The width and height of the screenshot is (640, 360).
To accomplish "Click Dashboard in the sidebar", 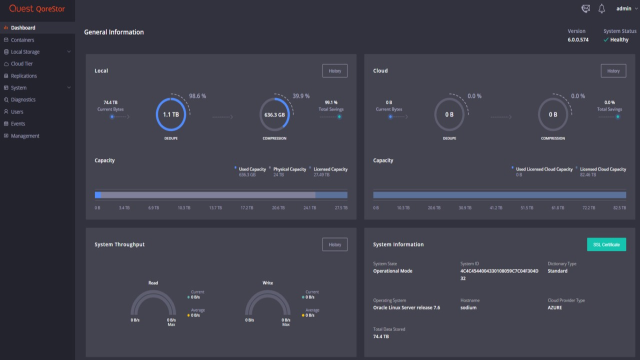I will click(x=23, y=27).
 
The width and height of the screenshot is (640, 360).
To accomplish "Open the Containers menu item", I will click(x=25, y=40).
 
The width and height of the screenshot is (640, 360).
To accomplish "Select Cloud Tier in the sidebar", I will click(x=23, y=63).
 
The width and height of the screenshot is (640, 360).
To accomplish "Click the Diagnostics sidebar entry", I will click(x=25, y=99).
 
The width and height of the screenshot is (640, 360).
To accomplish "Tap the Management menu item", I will click(x=26, y=135).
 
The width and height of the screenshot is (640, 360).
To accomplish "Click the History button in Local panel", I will click(x=335, y=70).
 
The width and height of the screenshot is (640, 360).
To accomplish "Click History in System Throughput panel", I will click(x=335, y=244).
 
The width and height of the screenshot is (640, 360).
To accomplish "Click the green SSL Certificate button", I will click(x=606, y=244).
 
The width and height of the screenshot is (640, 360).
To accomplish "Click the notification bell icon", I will click(x=602, y=9).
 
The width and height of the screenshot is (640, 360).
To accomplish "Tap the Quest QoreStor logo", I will click(x=36, y=9).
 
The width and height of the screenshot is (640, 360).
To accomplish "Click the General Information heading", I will click(x=114, y=32).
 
